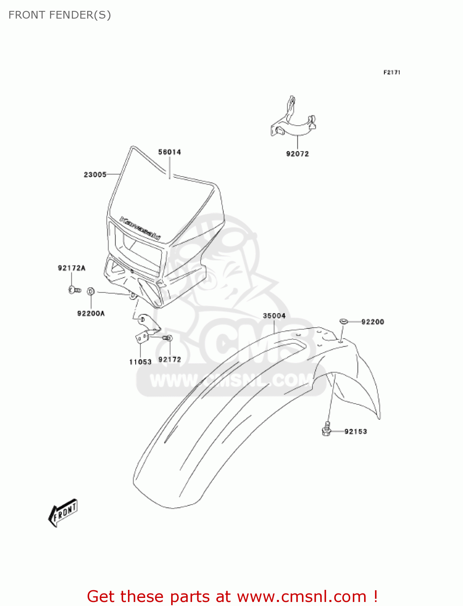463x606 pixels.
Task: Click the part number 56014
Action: point(170,152)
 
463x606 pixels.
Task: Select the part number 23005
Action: point(95,175)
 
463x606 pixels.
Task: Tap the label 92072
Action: point(297,154)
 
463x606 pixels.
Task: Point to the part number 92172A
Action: point(71,268)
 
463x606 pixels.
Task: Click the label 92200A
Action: point(91,313)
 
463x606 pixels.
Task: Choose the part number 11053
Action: point(140,362)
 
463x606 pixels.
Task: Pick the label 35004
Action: point(274,316)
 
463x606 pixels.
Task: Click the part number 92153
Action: point(356,431)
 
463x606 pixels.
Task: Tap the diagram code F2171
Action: point(392,72)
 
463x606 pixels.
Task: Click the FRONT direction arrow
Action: point(63,513)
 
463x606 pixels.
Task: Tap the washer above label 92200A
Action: point(91,291)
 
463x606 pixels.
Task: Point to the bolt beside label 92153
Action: point(327,429)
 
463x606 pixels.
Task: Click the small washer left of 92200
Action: point(344,321)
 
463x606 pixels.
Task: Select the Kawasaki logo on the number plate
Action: point(140,228)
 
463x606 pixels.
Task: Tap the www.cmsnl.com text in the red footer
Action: point(302,596)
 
